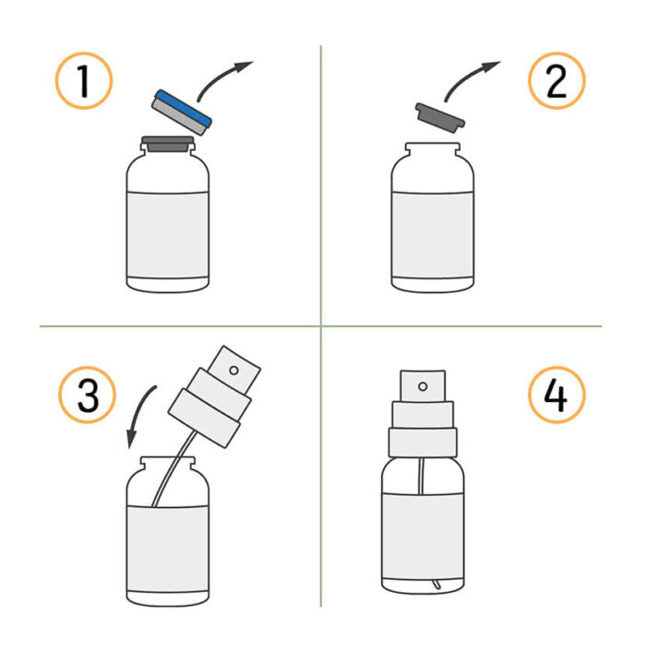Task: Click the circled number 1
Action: [84, 81]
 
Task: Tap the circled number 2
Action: [556, 81]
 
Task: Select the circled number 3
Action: [87, 395]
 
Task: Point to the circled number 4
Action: [556, 395]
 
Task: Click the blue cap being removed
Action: [182, 112]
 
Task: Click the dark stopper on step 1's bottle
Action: [167, 144]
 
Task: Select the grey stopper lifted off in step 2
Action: [440, 117]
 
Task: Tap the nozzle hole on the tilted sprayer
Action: [234, 371]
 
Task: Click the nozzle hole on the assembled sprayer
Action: [423, 386]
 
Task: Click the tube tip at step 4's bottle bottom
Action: [436, 585]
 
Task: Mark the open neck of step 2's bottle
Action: [432, 148]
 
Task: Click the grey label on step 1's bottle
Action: [168, 234]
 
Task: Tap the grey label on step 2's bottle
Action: [432, 234]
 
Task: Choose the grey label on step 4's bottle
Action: [423, 537]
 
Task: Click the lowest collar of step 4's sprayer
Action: [423, 443]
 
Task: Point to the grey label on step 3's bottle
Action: [168, 549]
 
